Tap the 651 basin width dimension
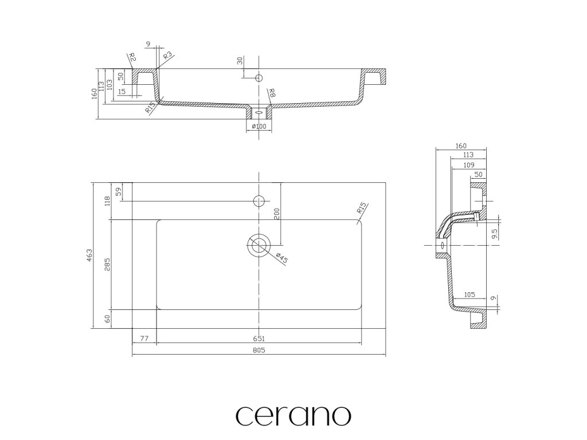point(259,339)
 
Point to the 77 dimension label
point(144,339)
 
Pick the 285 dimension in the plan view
point(107,264)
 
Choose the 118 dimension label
point(107,201)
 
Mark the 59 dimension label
point(119,192)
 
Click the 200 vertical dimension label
point(276,214)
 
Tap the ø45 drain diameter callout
point(280,258)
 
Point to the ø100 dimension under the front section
point(259,126)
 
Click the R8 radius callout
point(272,93)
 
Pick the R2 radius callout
point(132,57)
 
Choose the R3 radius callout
point(168,56)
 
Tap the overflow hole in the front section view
point(259,77)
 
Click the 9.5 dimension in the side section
point(494,233)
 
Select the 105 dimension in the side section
point(469,294)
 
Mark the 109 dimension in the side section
point(468,165)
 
